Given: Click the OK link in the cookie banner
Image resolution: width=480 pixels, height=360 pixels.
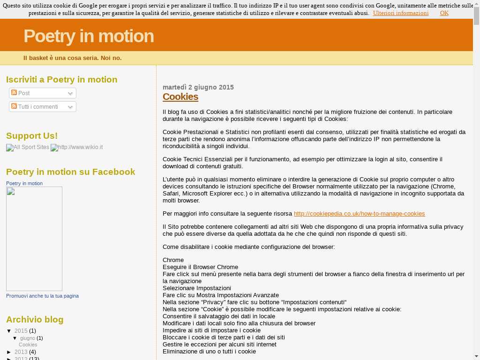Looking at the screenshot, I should pyautogui.click(x=444, y=13).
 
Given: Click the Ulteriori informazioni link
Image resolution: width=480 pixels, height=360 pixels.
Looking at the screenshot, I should pyautogui.click(x=401, y=13).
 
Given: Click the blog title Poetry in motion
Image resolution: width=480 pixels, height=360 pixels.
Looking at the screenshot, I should pyautogui.click(x=89, y=36).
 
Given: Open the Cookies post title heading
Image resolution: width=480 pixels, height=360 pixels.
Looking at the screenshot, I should pyautogui.click(x=180, y=97).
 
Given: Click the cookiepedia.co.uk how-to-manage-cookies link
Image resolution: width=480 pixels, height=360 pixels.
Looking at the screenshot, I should pyautogui.click(x=359, y=214).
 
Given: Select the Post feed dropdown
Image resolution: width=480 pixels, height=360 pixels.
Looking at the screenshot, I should pyautogui.click(x=43, y=93).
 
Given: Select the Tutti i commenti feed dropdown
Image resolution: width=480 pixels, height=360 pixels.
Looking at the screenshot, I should pyautogui.click(x=43, y=107).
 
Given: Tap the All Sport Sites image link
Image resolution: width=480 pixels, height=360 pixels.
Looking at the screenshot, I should pyautogui.click(x=28, y=148).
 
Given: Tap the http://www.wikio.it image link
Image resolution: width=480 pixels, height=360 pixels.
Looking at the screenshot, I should pyautogui.click(x=77, y=148).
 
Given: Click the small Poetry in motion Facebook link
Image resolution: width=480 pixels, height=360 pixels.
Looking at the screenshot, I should pyautogui.click(x=24, y=183).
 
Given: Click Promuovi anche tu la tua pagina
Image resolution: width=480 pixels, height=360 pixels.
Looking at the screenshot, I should pyautogui.click(x=42, y=296).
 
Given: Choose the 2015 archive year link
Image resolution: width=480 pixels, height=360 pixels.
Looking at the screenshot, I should pyautogui.click(x=21, y=331).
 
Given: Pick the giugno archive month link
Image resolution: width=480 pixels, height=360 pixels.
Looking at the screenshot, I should pyautogui.click(x=28, y=338).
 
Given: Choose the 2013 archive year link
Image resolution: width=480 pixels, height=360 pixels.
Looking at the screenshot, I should pyautogui.click(x=21, y=352).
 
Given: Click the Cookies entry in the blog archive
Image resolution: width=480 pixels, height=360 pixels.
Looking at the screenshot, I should pyautogui.click(x=28, y=345).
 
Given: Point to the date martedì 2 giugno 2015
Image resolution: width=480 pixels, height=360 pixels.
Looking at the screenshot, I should pyautogui.click(x=198, y=87).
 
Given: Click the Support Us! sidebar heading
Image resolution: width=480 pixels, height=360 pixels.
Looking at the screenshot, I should pyautogui.click(x=32, y=136).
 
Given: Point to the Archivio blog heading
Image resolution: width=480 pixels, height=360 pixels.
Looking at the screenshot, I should pyautogui.click(x=35, y=320).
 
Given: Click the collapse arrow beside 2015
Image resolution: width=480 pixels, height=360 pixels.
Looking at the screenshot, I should pyautogui.click(x=9, y=331).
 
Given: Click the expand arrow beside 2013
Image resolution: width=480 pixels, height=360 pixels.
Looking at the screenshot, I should pyautogui.click(x=9, y=352).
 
